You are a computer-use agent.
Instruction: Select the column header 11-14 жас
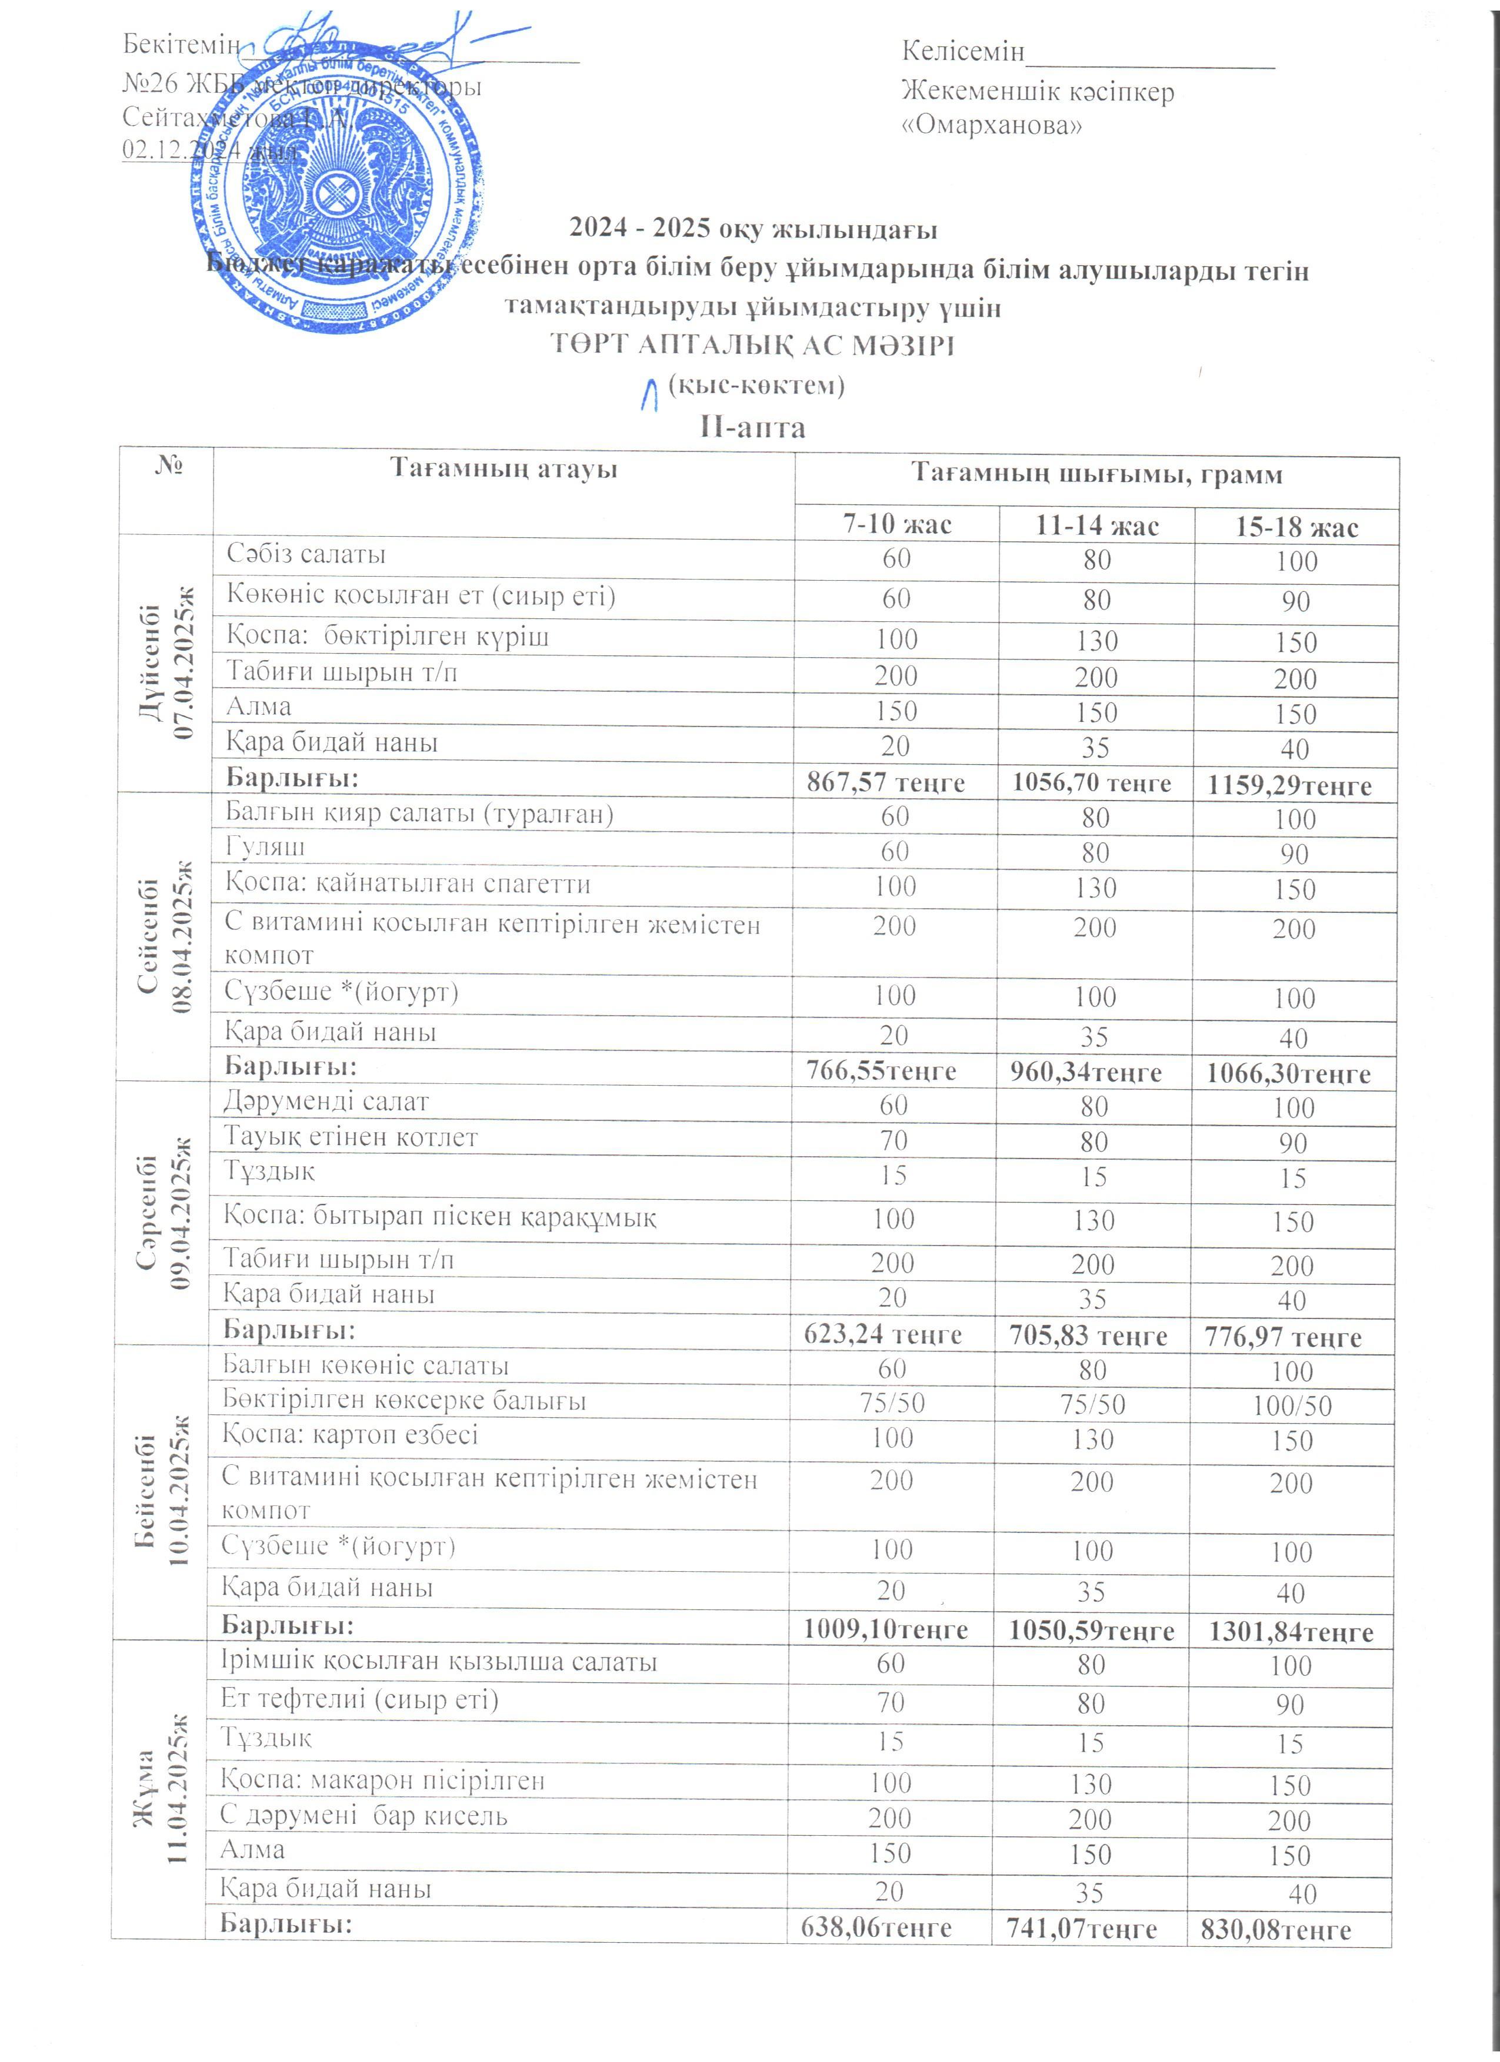(1096, 525)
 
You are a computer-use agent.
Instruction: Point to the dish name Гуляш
(266, 848)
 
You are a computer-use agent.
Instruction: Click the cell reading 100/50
(1292, 1405)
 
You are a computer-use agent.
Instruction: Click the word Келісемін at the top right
(962, 51)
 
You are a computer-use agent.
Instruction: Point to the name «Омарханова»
(992, 125)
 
